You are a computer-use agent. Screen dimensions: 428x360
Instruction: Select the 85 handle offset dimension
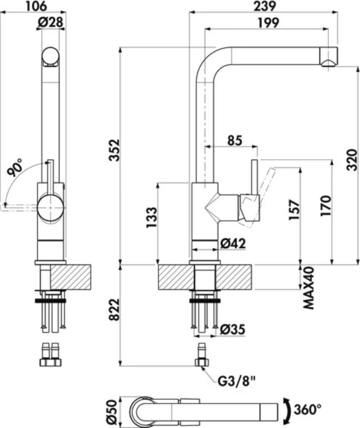tap(235, 141)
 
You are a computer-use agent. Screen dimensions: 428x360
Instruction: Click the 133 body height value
tap(152, 218)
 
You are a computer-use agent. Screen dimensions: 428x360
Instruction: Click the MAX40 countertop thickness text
tap(309, 288)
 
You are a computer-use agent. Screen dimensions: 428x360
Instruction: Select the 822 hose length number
tap(114, 310)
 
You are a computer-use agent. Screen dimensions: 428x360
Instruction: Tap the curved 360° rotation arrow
tap(288, 409)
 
